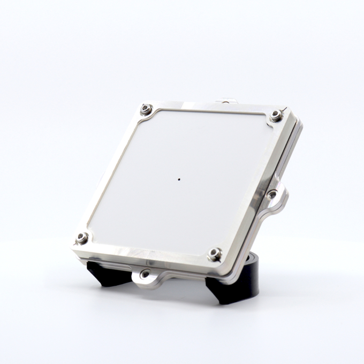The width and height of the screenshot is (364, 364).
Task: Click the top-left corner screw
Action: [146, 109]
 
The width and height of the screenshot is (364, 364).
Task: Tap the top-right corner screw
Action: [276, 115]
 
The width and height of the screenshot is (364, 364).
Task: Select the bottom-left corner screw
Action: [82, 238]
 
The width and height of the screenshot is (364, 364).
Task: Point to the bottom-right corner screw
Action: [215, 254]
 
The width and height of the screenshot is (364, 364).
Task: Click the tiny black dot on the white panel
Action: [179, 179]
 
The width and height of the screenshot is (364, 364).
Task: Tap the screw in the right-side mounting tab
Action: [272, 194]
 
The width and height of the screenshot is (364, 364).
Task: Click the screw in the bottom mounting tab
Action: [145, 274]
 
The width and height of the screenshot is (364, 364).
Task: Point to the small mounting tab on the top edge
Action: [227, 100]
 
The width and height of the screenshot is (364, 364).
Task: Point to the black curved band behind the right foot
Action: [252, 278]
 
